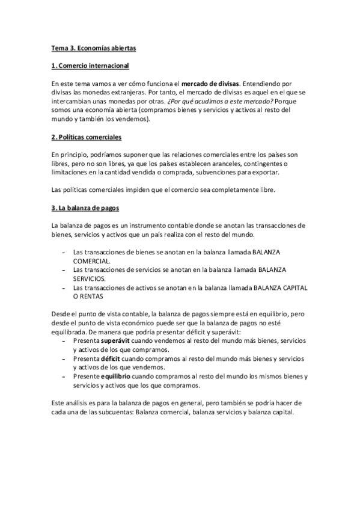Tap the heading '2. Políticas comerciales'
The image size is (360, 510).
tap(87, 137)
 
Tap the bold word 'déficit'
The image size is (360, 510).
tap(112, 358)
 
